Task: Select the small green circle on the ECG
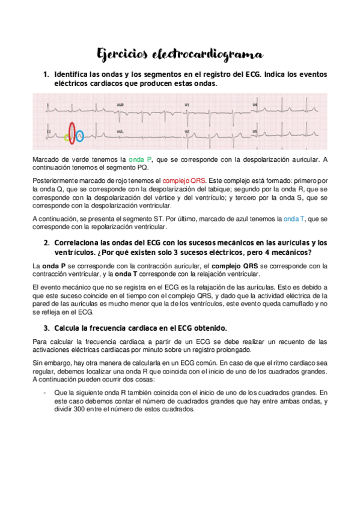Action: pyautogui.click(x=66, y=138)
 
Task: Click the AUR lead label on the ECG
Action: pyautogui.click(x=121, y=105)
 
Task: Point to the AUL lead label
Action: pyautogui.click(x=121, y=130)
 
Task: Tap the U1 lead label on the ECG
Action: pyautogui.click(x=187, y=105)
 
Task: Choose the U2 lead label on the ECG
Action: pyautogui.click(x=187, y=131)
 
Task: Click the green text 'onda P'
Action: pyautogui.click(x=141, y=159)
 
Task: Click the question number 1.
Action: pyautogui.click(x=45, y=75)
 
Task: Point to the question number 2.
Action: pyautogui.click(x=45, y=243)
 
